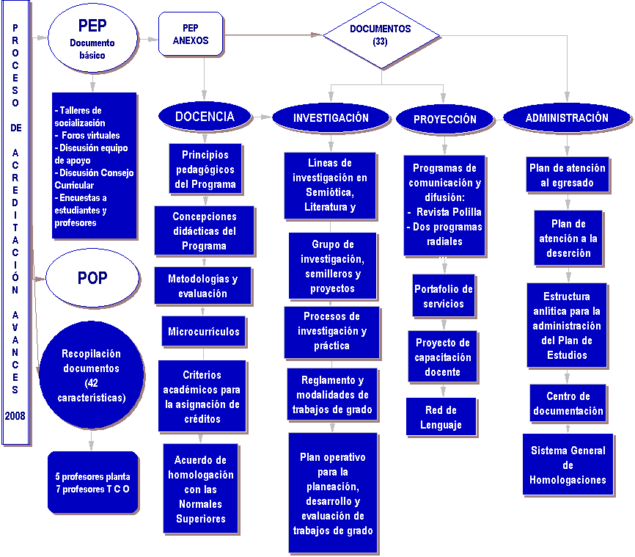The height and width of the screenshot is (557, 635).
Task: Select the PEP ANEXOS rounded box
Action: tap(191, 34)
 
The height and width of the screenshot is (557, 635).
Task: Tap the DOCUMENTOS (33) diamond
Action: tap(380, 35)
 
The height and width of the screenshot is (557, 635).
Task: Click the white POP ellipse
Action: tap(92, 278)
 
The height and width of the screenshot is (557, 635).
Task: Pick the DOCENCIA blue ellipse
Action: tap(205, 117)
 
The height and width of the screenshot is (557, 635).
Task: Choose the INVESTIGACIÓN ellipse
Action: tap(331, 118)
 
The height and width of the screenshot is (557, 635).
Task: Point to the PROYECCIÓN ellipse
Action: tap(444, 119)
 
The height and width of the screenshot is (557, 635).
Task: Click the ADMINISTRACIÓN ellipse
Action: tap(567, 117)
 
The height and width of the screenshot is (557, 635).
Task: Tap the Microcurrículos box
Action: tap(204, 332)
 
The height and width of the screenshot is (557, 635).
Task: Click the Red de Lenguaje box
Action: tap(441, 417)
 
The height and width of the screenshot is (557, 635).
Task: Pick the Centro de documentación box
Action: tap(568, 404)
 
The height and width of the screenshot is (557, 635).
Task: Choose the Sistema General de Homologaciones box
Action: tap(568, 465)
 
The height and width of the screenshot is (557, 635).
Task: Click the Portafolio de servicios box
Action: tap(443, 296)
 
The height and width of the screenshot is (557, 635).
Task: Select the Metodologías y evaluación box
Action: tap(203, 286)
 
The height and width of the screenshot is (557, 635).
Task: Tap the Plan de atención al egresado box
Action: tap(568, 175)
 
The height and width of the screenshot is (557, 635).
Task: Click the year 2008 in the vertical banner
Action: tap(15, 415)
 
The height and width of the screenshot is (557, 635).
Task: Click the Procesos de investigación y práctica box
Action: tap(332, 331)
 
